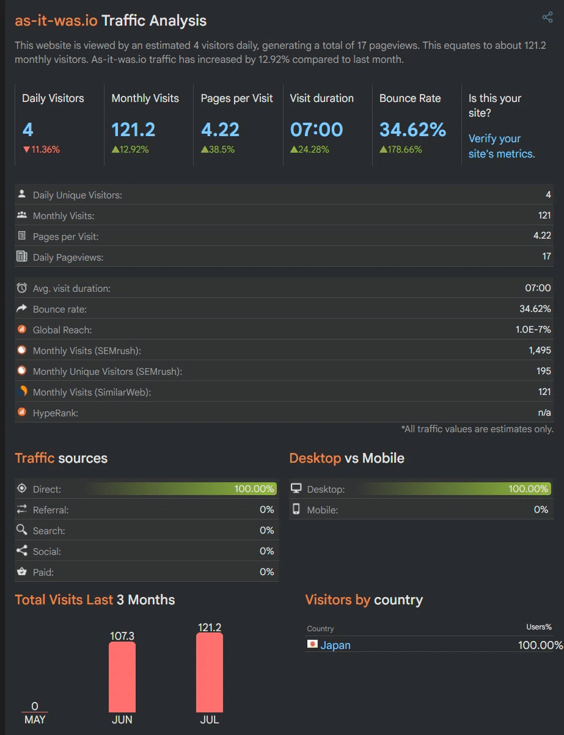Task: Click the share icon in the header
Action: click(548, 17)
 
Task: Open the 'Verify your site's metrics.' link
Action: click(501, 147)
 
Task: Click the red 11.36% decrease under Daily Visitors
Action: click(41, 149)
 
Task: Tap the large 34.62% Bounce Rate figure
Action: click(412, 129)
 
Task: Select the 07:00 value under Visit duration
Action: click(316, 129)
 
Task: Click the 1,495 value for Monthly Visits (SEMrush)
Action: click(540, 350)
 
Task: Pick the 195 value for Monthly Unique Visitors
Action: click(544, 371)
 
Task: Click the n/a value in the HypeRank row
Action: click(544, 413)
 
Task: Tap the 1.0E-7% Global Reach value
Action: click(533, 330)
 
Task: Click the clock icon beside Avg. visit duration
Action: click(22, 288)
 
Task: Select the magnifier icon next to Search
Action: click(22, 530)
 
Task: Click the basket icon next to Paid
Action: click(22, 571)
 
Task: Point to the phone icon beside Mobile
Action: click(296, 509)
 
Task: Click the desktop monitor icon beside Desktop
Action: click(296, 488)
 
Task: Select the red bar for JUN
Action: click(122, 677)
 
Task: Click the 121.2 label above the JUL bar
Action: click(210, 627)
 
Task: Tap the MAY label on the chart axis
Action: click(35, 720)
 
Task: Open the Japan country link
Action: click(335, 645)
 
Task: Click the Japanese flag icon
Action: click(312, 644)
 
